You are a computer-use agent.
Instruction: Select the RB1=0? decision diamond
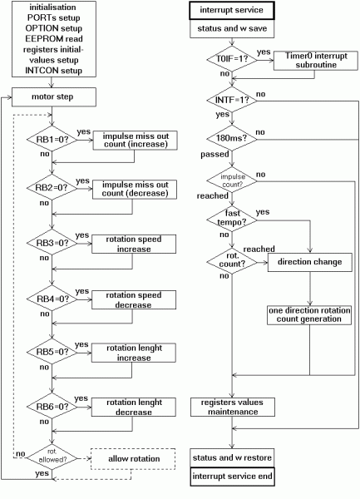[x=52, y=139]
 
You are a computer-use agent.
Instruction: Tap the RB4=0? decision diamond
[x=52, y=299]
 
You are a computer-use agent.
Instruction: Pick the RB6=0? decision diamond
[x=52, y=407]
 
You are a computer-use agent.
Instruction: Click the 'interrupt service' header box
[x=234, y=11]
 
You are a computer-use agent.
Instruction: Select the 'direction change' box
[x=309, y=261]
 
